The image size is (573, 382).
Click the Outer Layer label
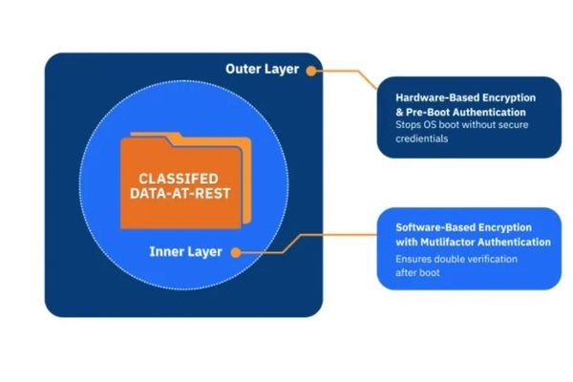tap(262, 69)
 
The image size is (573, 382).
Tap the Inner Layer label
tap(185, 252)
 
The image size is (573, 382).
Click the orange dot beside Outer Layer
tap(311, 71)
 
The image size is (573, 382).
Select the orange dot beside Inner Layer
tap(236, 252)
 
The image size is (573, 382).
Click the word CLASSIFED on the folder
tap(179, 179)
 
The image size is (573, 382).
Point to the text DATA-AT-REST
tap(180, 193)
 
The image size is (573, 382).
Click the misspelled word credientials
tap(422, 138)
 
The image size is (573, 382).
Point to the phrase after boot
tap(417, 273)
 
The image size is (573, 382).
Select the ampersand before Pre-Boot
tap(399, 113)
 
